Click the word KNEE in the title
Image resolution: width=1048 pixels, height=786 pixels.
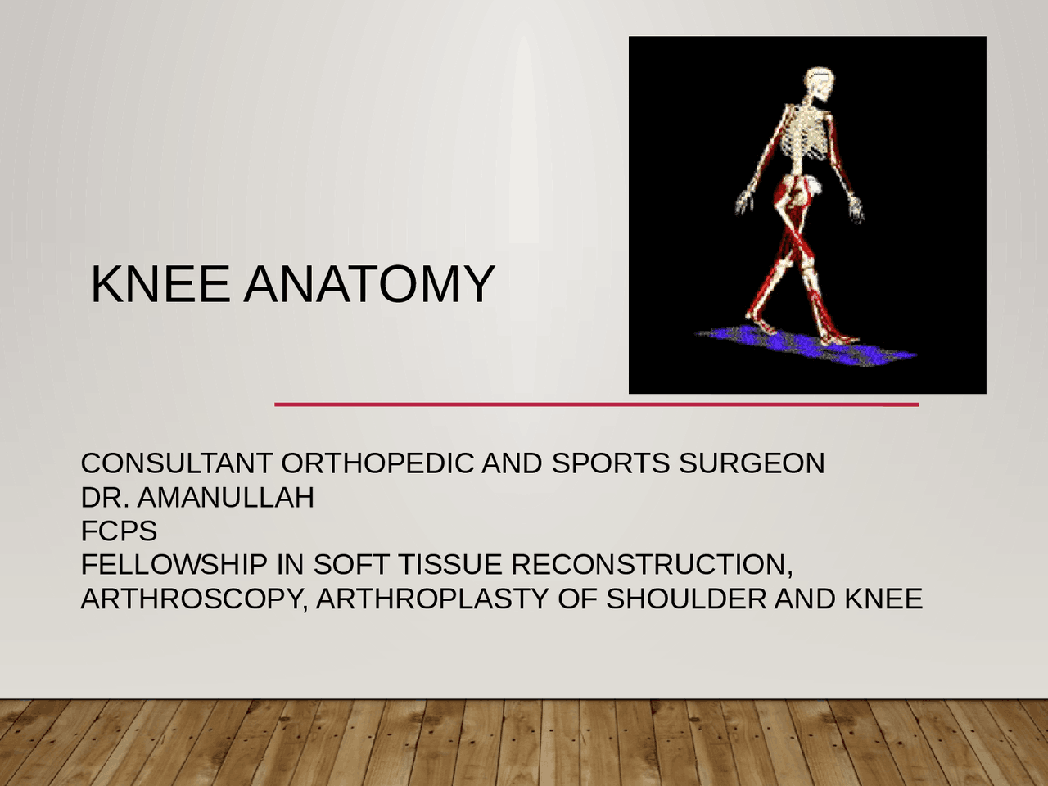click(160, 284)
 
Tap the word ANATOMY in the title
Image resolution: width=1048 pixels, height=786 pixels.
click(369, 284)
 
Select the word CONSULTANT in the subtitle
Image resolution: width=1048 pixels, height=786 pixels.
click(176, 463)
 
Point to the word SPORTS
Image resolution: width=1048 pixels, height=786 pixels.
click(611, 463)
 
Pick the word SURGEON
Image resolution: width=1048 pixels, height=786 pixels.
click(752, 463)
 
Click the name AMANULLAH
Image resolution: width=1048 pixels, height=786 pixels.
click(226, 498)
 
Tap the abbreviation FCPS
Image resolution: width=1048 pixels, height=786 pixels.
click(119, 531)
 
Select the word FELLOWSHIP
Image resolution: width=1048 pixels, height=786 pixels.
click(174, 565)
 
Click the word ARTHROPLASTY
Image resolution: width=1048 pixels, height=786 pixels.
click(432, 599)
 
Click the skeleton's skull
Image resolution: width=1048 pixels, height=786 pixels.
click(820, 84)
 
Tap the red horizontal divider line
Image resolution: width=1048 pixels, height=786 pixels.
click(596, 404)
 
